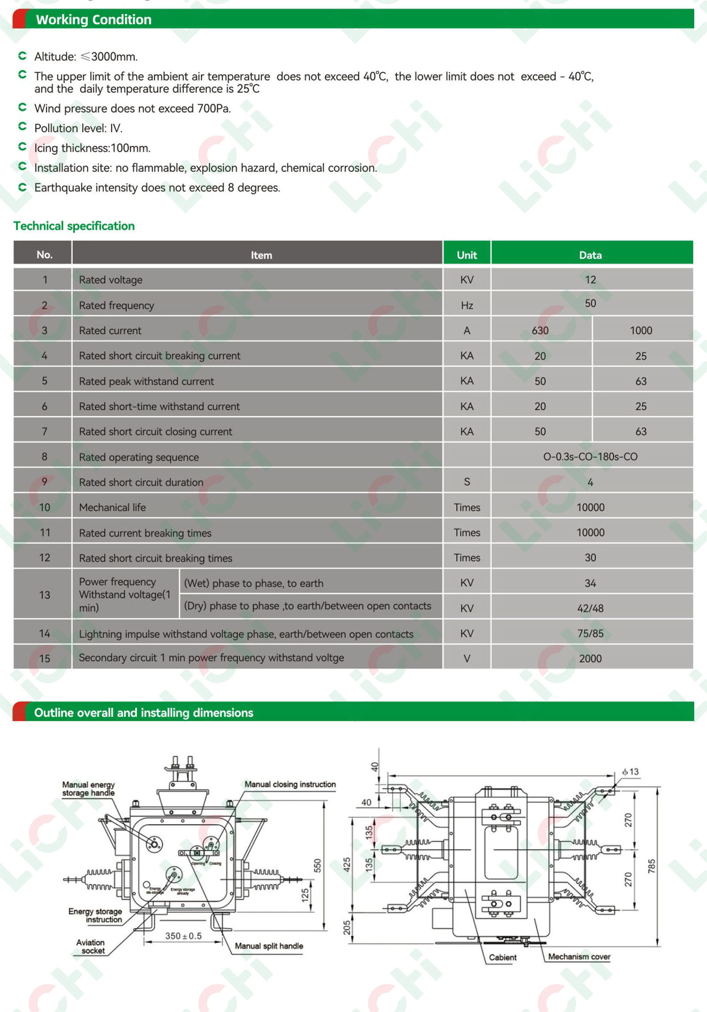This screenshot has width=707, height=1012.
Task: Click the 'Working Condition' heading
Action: click(x=94, y=19)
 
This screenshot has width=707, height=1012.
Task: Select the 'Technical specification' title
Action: click(x=74, y=226)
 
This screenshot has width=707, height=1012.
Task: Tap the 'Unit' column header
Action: click(x=467, y=255)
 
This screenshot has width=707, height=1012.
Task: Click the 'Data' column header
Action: click(x=590, y=255)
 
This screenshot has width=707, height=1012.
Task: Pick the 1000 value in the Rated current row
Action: click(x=641, y=331)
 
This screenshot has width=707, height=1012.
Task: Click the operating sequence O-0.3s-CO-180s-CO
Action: click(x=590, y=457)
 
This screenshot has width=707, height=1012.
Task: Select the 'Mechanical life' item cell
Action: click(x=112, y=507)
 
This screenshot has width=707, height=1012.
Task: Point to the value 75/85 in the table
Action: click(x=590, y=633)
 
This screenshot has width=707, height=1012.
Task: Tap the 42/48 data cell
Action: click(x=590, y=608)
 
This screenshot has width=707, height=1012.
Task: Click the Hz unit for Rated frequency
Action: click(x=467, y=305)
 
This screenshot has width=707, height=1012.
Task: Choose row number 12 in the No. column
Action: click(x=45, y=558)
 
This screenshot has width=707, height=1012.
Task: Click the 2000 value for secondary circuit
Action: click(x=590, y=658)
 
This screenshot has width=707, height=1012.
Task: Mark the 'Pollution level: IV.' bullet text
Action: click(x=78, y=128)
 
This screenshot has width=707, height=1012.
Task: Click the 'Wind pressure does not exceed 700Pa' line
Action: click(x=133, y=108)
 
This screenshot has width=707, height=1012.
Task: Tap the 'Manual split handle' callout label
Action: click(x=269, y=946)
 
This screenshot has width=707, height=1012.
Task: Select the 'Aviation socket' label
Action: click(x=91, y=946)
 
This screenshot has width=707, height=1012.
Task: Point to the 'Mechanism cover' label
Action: click(x=579, y=956)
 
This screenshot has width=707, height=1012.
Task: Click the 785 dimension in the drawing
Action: click(x=652, y=866)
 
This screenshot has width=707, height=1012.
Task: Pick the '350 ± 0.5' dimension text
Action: click(x=183, y=936)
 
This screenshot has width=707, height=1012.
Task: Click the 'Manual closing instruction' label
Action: click(x=290, y=784)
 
